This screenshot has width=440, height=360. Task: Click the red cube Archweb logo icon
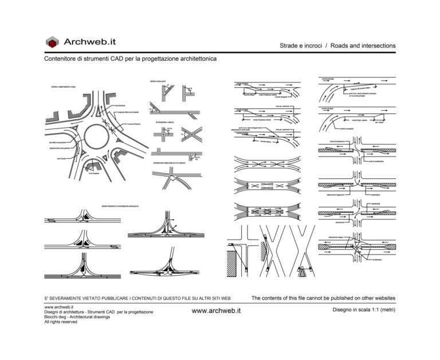click(53, 42)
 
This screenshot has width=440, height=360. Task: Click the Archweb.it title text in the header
click(90, 42)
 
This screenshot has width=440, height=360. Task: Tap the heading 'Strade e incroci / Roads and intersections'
click(337, 46)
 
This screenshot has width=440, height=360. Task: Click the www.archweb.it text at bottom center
click(216, 310)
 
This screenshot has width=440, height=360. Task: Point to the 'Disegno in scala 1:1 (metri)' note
click(364, 310)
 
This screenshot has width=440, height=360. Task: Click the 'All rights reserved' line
click(61, 322)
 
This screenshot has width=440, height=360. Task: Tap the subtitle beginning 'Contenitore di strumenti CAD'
click(130, 59)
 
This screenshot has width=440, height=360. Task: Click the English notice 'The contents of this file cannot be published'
click(323, 298)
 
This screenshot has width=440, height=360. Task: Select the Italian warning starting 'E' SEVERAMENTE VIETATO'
click(137, 299)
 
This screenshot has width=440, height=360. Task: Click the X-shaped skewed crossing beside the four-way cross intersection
click(193, 135)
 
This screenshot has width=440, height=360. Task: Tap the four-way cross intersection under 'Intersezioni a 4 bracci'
click(163, 136)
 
